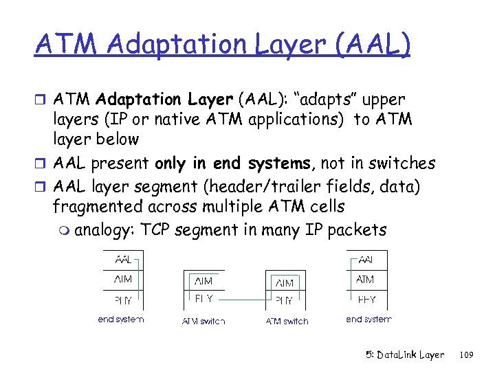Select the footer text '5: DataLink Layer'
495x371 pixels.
(405, 355)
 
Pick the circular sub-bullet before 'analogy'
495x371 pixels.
(64, 230)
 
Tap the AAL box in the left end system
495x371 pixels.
(123, 260)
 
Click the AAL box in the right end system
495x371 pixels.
(366, 260)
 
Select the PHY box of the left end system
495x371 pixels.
(123, 300)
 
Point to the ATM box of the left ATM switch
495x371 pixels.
(203, 280)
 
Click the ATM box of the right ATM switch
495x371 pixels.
(285, 282)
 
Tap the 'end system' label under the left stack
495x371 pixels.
(121, 319)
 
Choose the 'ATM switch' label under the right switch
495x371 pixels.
(287, 321)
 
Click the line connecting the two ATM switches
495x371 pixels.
(244, 300)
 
